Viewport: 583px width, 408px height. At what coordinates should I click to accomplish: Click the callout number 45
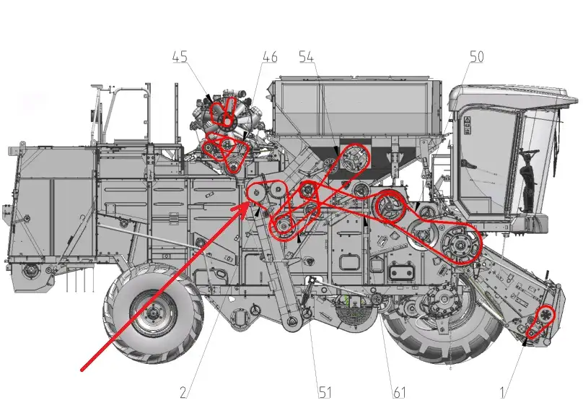180,58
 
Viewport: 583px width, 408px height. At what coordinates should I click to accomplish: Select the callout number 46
270,57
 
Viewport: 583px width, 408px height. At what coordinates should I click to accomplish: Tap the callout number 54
307,57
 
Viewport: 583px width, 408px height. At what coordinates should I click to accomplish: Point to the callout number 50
477,56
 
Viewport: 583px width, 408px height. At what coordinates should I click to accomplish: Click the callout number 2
183,392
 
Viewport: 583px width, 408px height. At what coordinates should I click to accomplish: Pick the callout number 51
325,392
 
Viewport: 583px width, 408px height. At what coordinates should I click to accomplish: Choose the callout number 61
399,392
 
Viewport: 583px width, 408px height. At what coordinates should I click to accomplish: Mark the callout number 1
502,392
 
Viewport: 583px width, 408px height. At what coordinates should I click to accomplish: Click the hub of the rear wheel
153,313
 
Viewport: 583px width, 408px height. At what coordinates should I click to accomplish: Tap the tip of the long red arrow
248,203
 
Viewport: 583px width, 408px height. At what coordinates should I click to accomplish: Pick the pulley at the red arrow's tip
256,193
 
